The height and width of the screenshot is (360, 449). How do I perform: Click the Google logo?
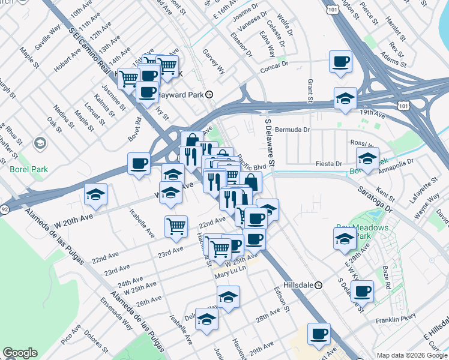pos(20,353)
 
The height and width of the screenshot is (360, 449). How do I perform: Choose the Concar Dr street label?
pos(274,68)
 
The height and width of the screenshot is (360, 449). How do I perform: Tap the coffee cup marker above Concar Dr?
pos(341,62)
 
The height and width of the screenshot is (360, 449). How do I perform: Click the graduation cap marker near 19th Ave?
pos(345,99)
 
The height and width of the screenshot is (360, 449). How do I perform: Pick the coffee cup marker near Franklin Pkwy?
pos(362,292)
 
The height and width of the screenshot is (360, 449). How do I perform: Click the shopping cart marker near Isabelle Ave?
pos(176,227)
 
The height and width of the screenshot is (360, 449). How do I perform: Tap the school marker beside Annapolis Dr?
pos(367,159)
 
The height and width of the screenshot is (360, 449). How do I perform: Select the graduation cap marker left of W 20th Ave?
pos(95,195)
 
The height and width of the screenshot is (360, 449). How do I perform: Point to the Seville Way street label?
pos(48,36)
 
